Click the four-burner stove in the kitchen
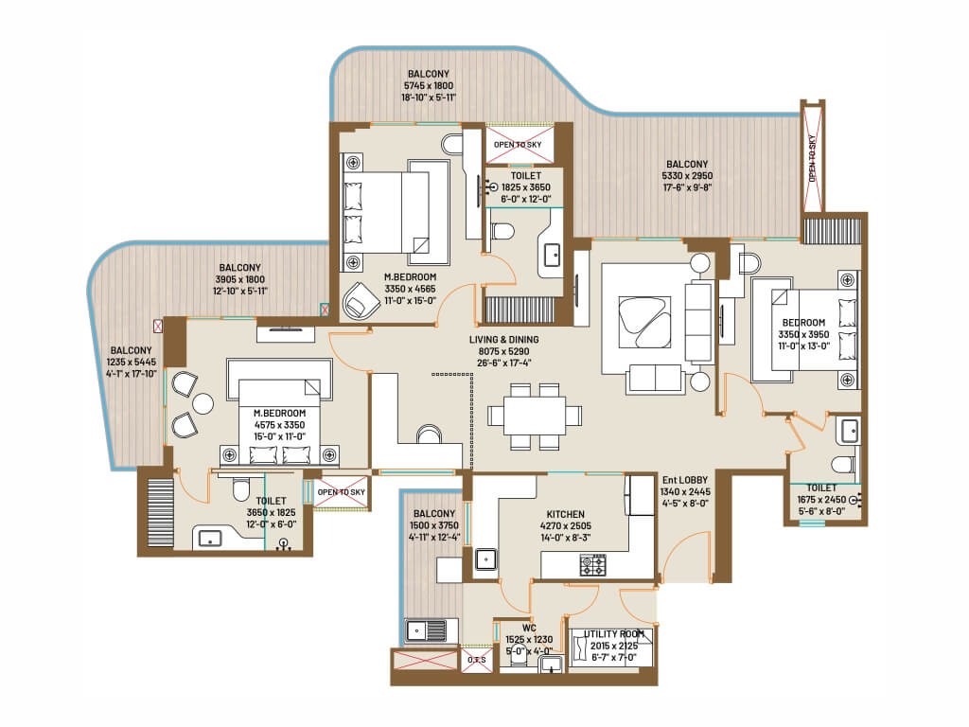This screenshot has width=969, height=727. coord(593,565)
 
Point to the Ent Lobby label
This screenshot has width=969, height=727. coord(686,492)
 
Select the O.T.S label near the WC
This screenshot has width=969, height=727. coord(476,659)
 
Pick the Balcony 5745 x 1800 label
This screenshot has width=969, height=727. coord(429,84)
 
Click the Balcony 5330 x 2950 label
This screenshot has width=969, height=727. coord(688,175)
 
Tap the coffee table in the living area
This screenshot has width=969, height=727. coord(643,319)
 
